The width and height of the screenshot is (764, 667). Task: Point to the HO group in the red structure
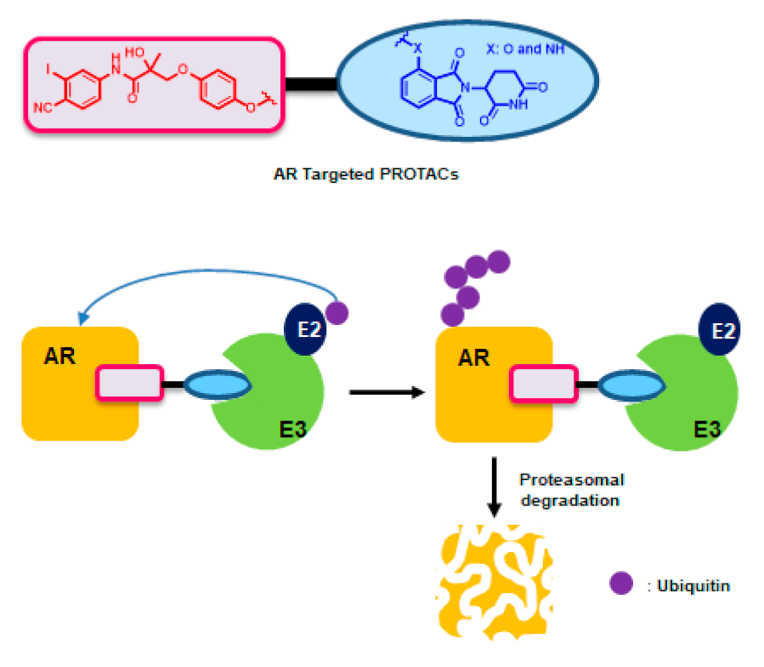coord(134,53)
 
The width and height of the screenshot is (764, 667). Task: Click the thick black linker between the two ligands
coord(309,84)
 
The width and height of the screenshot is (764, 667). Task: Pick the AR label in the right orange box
coord(473,357)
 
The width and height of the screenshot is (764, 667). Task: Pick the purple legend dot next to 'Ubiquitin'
coord(621,584)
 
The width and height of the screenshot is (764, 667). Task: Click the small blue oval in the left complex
coord(218,385)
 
